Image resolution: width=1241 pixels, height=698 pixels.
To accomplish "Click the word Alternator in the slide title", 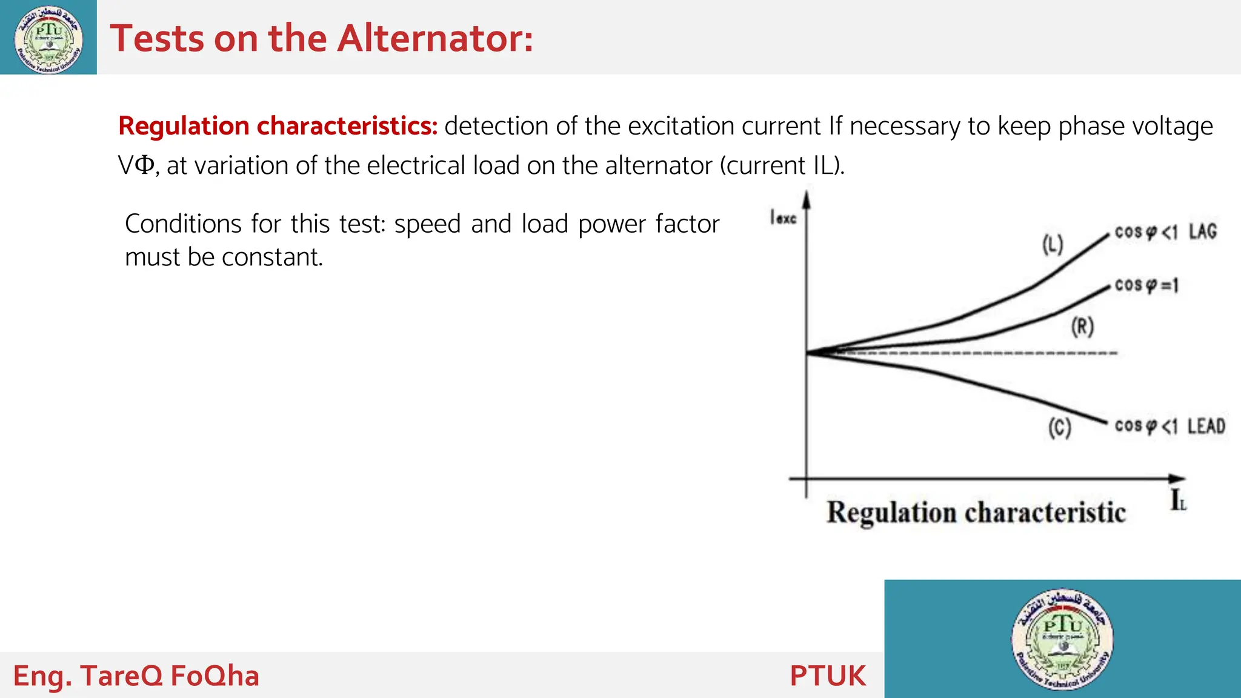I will [x=434, y=39].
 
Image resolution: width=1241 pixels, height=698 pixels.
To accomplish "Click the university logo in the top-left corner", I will [x=48, y=39].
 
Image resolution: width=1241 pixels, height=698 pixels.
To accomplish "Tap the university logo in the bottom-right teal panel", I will [x=1063, y=639].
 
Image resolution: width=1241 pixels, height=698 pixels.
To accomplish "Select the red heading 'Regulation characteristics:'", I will [x=278, y=126].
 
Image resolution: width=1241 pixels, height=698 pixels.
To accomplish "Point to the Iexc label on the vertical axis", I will [x=782, y=217].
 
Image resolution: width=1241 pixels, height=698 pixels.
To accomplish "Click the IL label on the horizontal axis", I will [x=1178, y=500].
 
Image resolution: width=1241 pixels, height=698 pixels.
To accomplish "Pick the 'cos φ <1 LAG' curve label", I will [x=1165, y=231].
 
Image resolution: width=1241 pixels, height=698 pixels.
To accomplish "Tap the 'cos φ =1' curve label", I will [x=1146, y=285].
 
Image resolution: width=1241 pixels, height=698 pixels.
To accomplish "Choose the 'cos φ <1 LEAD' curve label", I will [x=1169, y=426].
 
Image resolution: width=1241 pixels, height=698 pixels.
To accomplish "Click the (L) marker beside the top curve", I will [x=1053, y=244].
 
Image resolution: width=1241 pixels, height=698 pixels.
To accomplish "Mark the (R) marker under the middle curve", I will [x=1082, y=327].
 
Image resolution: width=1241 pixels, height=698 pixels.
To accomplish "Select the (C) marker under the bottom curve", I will [x=1060, y=428].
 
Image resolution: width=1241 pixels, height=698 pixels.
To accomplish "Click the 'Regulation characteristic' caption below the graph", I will [x=976, y=513].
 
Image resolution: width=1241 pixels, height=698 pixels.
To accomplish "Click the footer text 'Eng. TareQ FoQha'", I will [x=136, y=676].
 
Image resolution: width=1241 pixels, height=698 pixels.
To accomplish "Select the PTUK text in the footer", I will [x=828, y=676].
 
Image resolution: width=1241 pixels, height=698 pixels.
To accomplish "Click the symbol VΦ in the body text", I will [x=136, y=165].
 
